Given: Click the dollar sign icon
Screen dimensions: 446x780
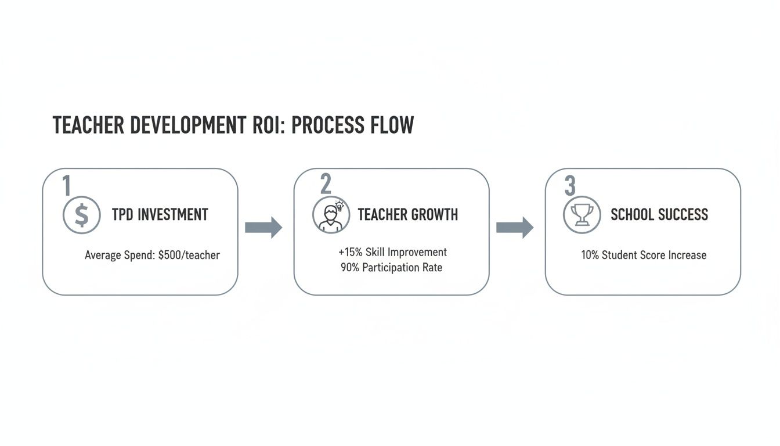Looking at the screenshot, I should (x=81, y=215).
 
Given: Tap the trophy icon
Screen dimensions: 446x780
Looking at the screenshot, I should (x=582, y=215).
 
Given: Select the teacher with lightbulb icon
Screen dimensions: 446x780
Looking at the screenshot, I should (x=331, y=215).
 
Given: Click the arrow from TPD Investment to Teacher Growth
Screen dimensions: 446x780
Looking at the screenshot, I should (x=263, y=227).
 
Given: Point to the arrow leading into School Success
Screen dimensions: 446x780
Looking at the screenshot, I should (x=515, y=227).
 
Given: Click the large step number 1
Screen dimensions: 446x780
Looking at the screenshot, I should (x=66, y=185).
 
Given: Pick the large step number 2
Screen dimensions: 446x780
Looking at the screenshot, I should (x=326, y=185).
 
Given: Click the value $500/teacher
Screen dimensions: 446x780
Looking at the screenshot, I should (x=189, y=255).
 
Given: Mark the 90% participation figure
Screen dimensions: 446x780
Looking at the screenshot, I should (x=350, y=268).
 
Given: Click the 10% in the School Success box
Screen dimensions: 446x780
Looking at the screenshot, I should (x=590, y=255).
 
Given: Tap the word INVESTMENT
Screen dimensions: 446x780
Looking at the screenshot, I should (x=173, y=214).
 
